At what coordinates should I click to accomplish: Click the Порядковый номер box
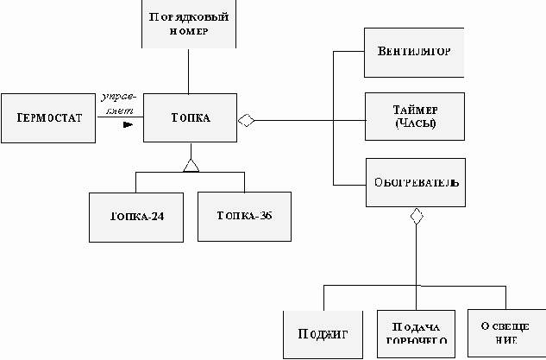[188, 23]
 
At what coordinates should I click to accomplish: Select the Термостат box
[49, 117]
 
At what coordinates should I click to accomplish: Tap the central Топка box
[190, 117]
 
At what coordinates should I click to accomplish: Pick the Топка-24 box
[138, 216]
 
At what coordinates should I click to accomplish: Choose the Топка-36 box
[244, 216]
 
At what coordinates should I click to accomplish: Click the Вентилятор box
[415, 51]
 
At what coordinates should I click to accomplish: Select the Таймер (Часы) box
[415, 116]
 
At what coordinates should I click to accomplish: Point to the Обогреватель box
[416, 182]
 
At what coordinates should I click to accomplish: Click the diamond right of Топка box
[247, 120]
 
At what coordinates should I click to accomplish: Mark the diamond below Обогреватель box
[417, 216]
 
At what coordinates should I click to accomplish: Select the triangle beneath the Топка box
[191, 164]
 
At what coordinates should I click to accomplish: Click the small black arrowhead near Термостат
[129, 124]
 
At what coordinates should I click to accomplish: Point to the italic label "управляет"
[116, 102]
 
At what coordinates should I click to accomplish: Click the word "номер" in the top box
[189, 31]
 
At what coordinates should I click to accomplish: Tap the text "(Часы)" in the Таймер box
[415, 123]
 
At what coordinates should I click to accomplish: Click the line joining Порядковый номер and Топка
[188, 70]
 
